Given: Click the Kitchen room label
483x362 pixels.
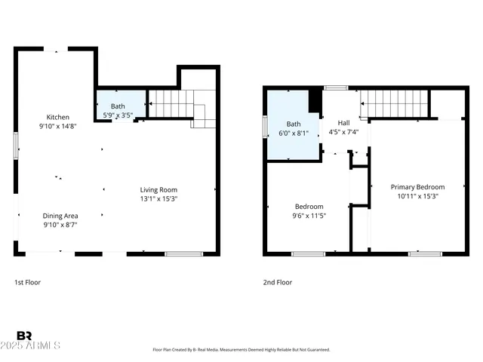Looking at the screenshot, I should (x=58, y=117).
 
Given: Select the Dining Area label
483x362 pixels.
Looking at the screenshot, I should (x=60, y=215).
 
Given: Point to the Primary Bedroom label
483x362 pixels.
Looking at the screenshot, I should (x=417, y=187).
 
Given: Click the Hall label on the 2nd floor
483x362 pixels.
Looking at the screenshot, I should (x=343, y=123).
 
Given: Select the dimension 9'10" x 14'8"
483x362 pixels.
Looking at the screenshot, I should (x=58, y=127).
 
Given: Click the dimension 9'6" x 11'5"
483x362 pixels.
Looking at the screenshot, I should (x=309, y=216).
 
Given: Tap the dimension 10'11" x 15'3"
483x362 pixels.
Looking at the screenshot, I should (x=417, y=196).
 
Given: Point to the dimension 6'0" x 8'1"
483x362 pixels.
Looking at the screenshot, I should (x=294, y=133).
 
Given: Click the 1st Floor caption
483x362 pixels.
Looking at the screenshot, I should (x=27, y=282).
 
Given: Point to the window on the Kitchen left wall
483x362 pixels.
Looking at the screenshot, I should (x=16, y=145).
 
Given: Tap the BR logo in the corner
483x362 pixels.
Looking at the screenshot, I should (x=24, y=336).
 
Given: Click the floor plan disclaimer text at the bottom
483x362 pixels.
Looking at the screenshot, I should (x=241, y=350).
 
